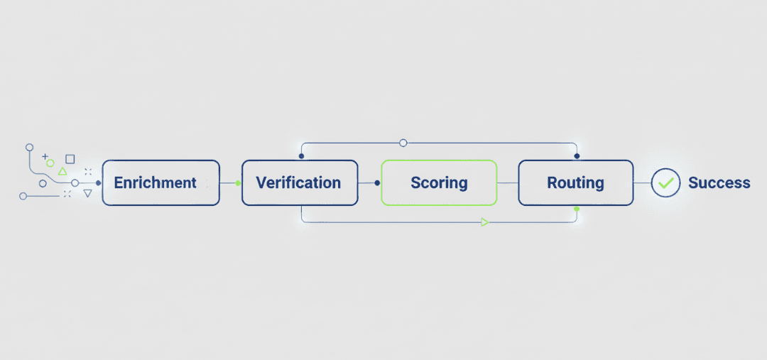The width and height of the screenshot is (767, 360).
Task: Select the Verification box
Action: (x=299, y=182)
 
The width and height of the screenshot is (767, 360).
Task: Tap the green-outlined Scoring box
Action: (x=439, y=182)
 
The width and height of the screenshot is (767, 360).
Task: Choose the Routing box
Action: (x=575, y=182)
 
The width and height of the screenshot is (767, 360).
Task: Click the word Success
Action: (x=719, y=182)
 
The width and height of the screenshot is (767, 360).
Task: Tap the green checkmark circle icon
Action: (x=665, y=182)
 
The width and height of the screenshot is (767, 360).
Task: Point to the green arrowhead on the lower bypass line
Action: (x=484, y=222)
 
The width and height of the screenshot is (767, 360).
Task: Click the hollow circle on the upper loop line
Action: (x=403, y=143)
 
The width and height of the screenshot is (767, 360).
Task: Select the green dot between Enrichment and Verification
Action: (x=238, y=183)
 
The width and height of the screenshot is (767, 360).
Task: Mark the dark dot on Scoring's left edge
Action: (x=377, y=182)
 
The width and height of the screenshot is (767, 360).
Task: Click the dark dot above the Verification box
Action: (x=301, y=156)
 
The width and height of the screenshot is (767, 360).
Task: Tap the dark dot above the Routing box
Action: (x=577, y=156)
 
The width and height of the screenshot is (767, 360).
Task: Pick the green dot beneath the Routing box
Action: (x=577, y=209)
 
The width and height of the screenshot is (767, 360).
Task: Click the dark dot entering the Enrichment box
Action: (x=98, y=182)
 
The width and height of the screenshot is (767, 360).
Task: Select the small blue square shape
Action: (x=70, y=159)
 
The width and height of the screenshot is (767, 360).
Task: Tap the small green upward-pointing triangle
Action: (x=62, y=171)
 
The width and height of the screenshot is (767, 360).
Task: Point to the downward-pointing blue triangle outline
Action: (x=87, y=193)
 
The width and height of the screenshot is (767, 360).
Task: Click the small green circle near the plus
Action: (x=50, y=163)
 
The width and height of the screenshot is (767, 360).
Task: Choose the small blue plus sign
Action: (x=45, y=156)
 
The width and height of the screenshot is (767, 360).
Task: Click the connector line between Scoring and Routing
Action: (x=507, y=182)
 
